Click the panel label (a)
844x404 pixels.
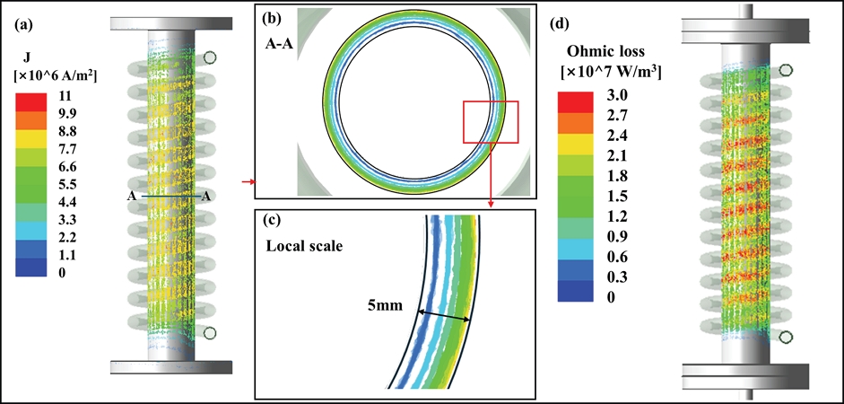[x=25, y=26]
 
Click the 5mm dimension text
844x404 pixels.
[x=385, y=305]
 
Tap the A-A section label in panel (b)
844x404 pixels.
[x=279, y=42]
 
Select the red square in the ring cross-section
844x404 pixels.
[x=491, y=121]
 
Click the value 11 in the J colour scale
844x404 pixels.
[x=65, y=94]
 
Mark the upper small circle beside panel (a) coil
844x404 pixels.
[x=210, y=57]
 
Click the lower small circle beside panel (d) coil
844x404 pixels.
[x=787, y=337]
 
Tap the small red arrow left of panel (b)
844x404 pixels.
[x=248, y=182]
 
